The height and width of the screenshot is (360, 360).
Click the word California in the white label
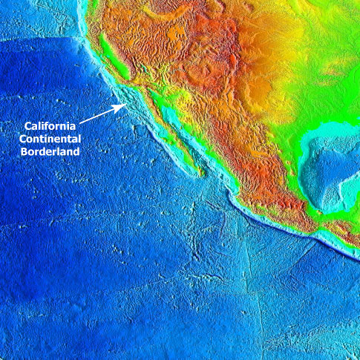pos(50,125)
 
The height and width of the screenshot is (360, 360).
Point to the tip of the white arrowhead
pos(123,105)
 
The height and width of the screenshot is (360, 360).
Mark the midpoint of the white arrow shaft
pos(102,113)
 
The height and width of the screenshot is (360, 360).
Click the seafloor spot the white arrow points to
pos(128,104)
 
